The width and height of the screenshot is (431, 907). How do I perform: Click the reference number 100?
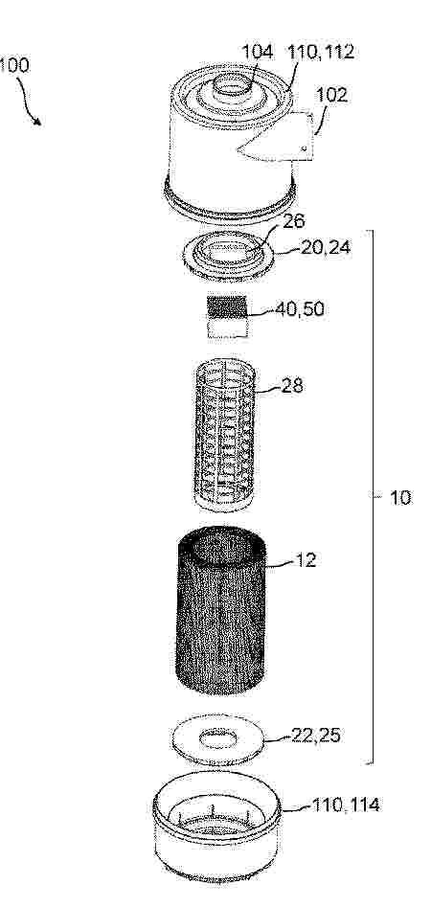tap(13, 65)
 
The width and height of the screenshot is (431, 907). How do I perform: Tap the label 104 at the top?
tap(257, 52)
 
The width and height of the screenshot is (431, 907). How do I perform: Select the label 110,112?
tap(321, 53)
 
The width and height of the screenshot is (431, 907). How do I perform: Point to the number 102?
tap(332, 95)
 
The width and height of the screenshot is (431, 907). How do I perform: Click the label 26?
tap(294, 221)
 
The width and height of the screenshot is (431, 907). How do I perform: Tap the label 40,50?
tap(299, 309)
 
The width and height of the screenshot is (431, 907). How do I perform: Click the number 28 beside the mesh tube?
tap(292, 385)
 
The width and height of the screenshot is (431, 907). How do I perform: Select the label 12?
tap(306, 560)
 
